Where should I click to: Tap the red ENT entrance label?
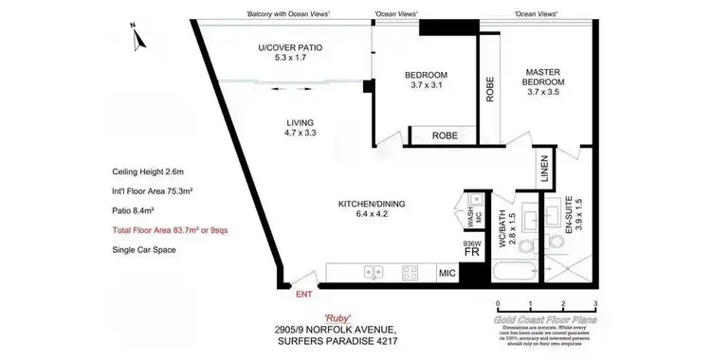[303, 296]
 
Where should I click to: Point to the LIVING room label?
[301, 128]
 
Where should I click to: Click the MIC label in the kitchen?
[447, 275]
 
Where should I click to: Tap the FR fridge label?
[471, 255]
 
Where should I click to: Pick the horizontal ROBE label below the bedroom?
[445, 136]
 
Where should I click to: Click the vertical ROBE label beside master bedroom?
[490, 88]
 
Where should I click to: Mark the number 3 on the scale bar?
[595, 304]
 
